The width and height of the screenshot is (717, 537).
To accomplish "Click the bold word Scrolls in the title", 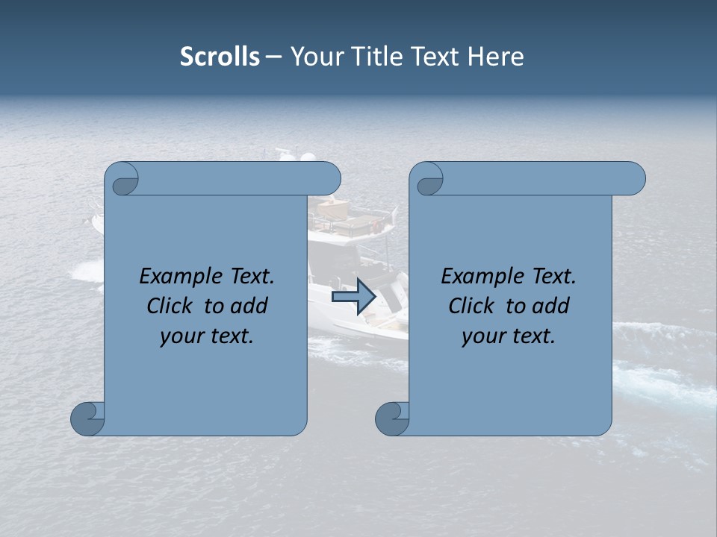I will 220,57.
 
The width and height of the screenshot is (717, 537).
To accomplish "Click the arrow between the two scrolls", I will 353,297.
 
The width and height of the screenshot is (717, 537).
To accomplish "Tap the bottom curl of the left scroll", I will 87,419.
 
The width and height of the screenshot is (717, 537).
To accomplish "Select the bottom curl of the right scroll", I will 392,419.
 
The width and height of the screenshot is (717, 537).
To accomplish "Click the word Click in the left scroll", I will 170,306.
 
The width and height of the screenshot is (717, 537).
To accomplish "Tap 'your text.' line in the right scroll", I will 508,336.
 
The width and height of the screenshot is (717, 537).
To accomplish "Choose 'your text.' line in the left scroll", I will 206,336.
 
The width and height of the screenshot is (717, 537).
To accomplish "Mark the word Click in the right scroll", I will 472,306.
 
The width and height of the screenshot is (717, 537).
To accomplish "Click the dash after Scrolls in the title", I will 273,57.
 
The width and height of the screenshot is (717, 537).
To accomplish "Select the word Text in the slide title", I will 433,57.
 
